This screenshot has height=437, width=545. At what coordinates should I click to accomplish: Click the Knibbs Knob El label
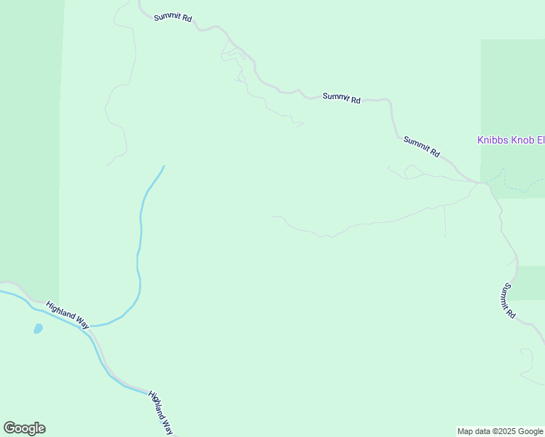510,140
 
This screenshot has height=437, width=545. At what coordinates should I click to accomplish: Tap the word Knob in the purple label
520,140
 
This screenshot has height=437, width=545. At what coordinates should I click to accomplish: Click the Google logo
24,428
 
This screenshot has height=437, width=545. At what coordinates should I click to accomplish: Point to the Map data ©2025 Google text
500,431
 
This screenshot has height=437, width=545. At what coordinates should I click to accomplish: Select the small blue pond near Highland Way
38,328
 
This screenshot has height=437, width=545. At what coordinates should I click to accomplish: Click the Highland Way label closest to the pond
67,315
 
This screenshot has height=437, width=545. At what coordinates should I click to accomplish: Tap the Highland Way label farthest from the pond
161,412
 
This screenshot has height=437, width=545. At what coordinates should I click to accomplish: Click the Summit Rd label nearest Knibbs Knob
422,147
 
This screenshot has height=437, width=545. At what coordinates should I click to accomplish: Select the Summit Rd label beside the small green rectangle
508,301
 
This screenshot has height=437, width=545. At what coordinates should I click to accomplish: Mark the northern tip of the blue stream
164,166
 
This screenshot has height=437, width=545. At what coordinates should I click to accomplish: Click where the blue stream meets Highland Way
90,326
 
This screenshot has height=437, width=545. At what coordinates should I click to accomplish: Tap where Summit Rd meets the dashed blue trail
482,182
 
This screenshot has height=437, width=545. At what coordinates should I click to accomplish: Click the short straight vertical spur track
444,221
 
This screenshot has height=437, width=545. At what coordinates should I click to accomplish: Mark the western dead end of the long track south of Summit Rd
273,216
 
